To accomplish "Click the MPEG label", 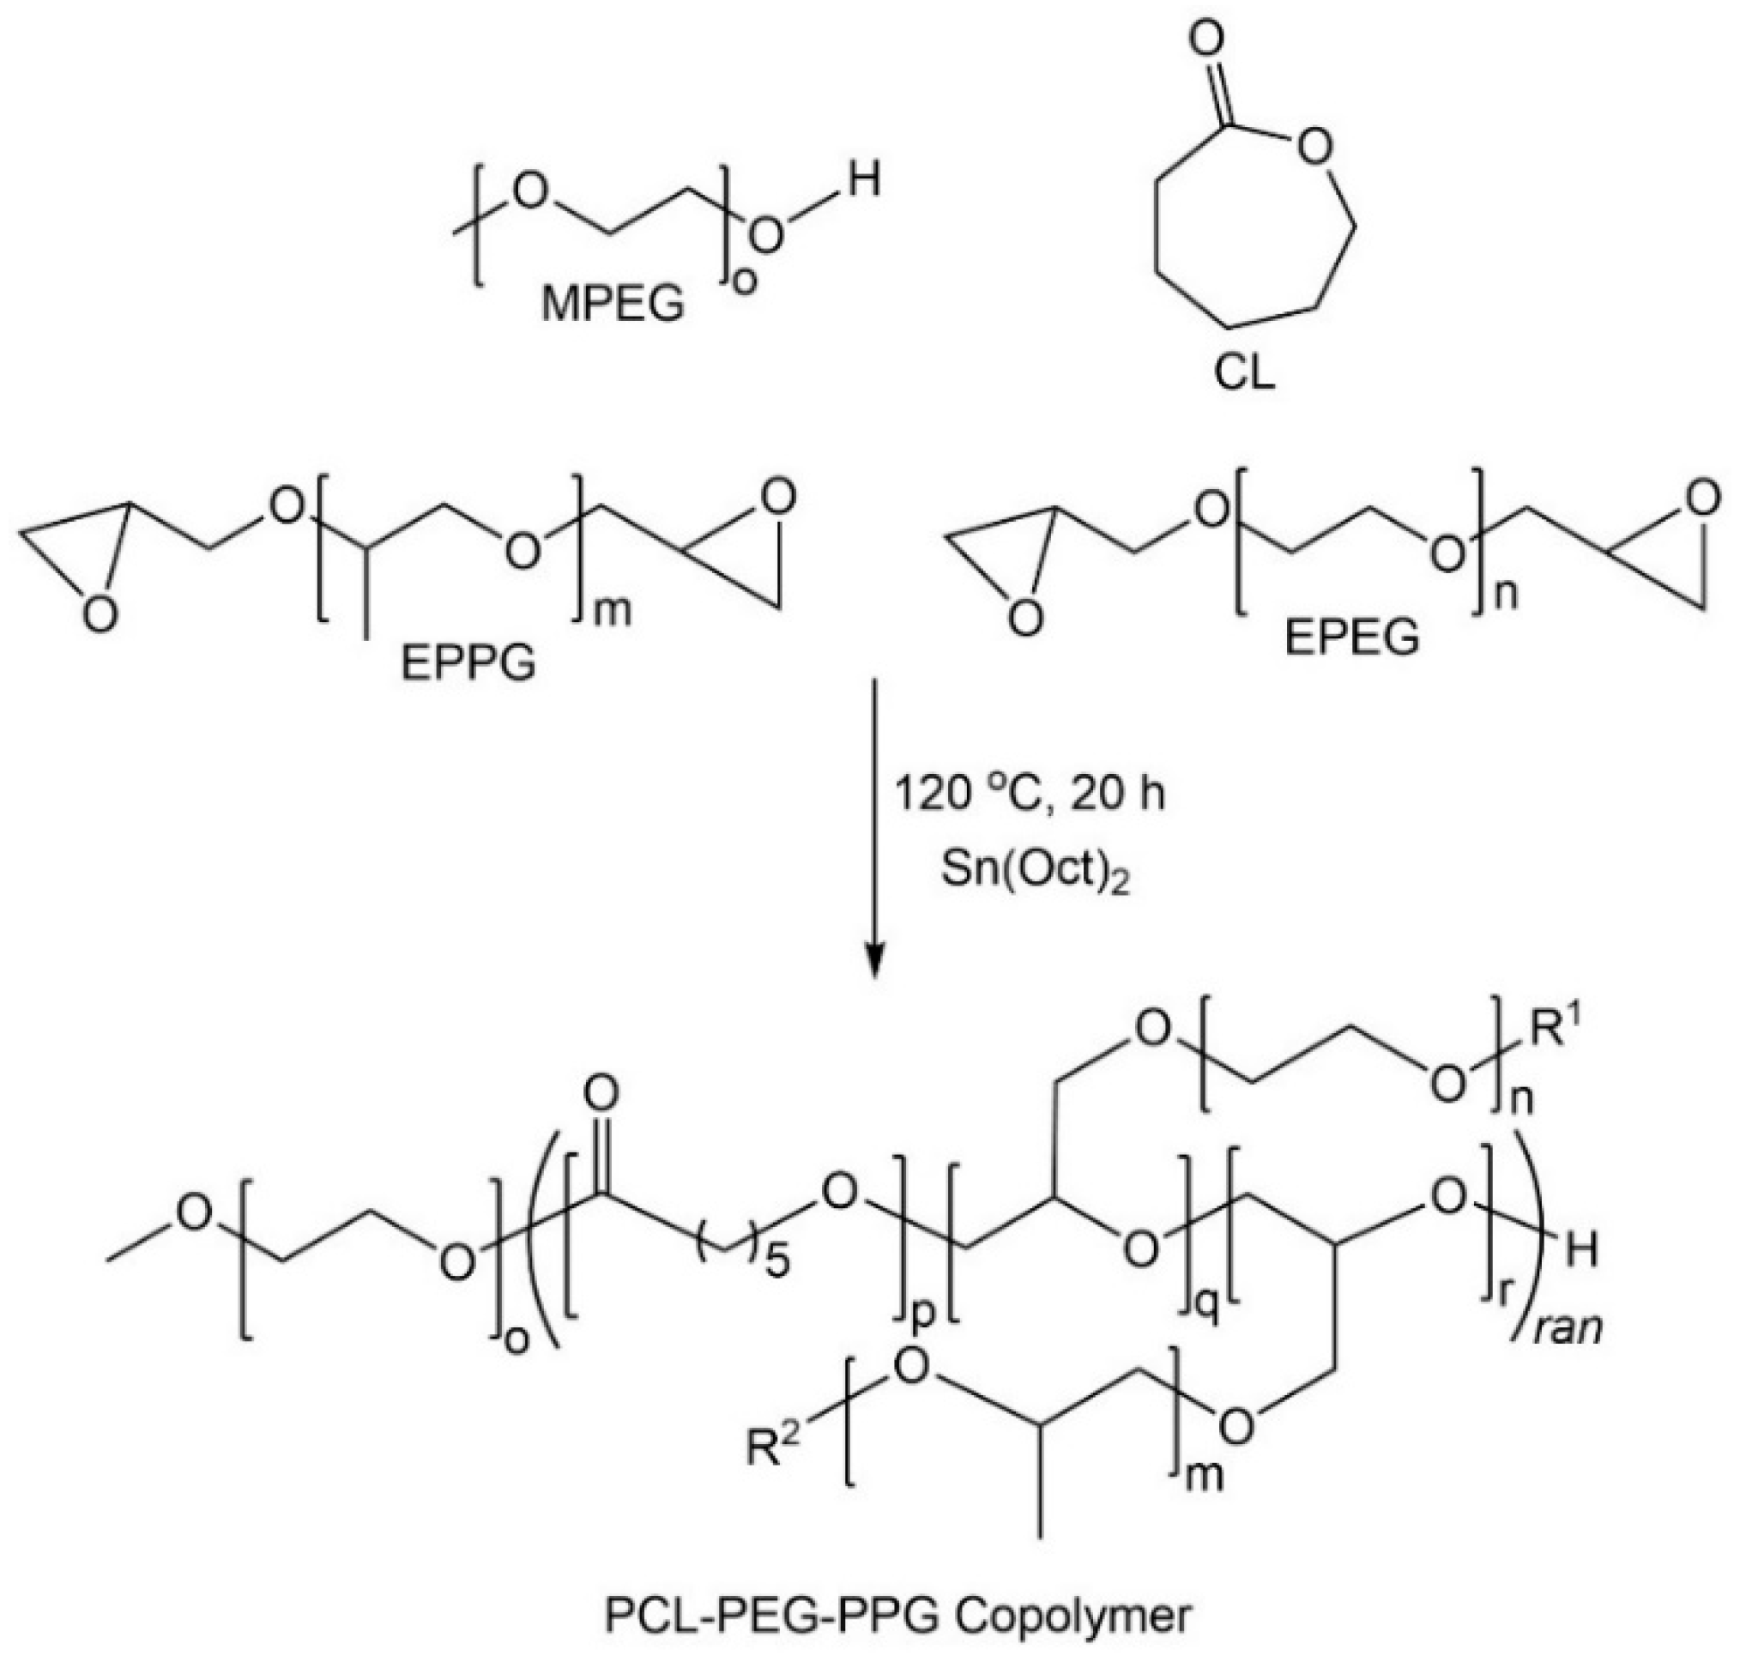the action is [x=613, y=305].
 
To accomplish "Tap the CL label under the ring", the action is [x=1245, y=372].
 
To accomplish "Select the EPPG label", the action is [x=468, y=663].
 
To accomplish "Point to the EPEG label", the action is [x=1351, y=637].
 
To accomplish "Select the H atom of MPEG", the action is [x=865, y=183].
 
